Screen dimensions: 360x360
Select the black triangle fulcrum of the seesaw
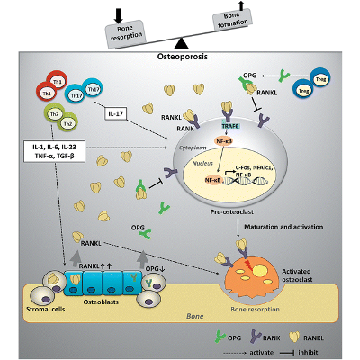coord(181,42)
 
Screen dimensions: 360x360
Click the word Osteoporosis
coord(181,57)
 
